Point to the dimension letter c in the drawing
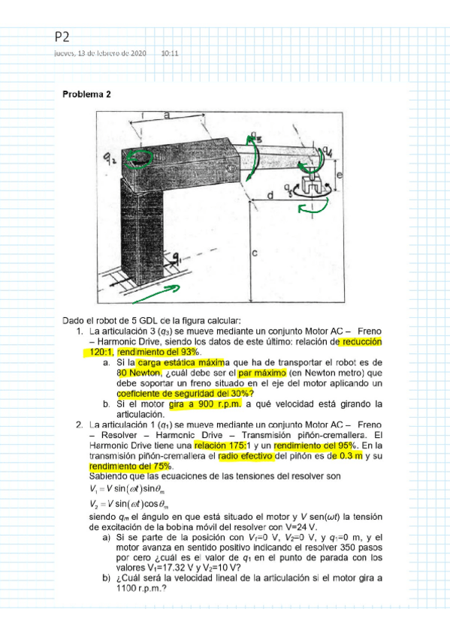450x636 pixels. point(255,254)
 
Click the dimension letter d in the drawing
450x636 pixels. point(270,196)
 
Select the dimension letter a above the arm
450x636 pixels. point(166,115)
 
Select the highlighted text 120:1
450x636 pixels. point(98,351)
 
